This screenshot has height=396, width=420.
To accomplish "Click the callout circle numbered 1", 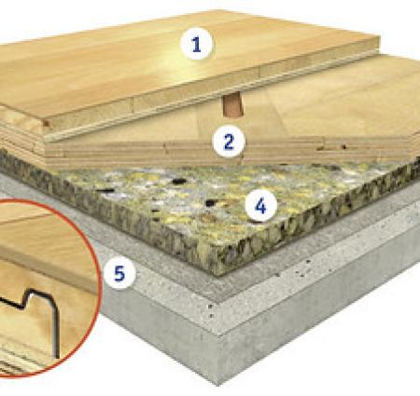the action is (x=197, y=44).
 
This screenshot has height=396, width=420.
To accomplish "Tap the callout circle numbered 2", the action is (x=229, y=141).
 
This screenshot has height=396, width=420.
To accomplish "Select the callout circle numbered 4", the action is (x=261, y=205).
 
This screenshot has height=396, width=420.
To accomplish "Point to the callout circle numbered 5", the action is (x=119, y=273).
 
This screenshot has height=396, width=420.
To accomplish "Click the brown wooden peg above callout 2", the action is (x=232, y=104).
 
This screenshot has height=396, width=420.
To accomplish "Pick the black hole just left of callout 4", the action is (x=211, y=203).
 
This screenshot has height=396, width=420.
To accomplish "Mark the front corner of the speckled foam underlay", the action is (x=218, y=275).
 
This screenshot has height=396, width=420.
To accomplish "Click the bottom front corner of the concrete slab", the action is (x=218, y=386).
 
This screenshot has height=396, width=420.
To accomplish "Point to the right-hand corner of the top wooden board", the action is (x=380, y=37).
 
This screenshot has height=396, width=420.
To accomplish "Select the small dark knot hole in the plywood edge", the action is (x=343, y=146).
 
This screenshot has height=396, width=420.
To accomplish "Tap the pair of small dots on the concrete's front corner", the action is (x=211, y=311).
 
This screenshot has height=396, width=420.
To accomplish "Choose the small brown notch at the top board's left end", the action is (x=46, y=123).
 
